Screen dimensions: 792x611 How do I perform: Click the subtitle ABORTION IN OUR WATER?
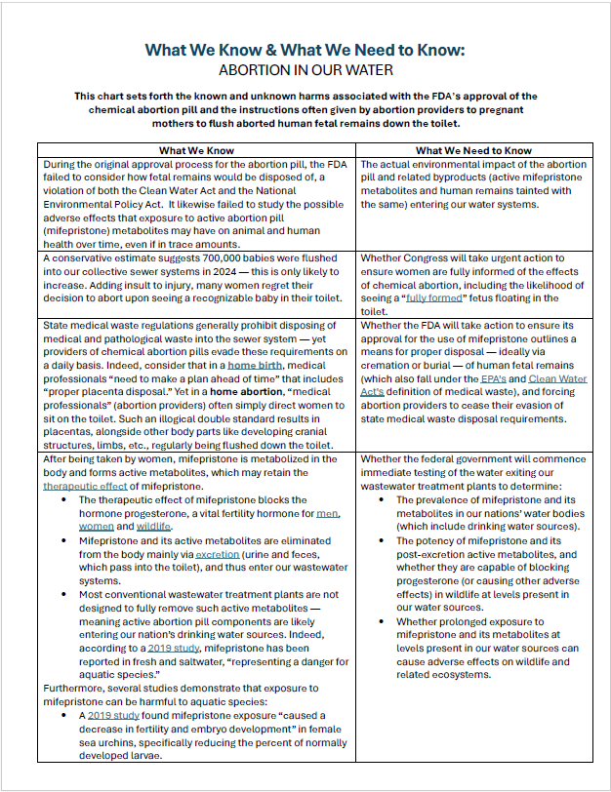(x=305, y=70)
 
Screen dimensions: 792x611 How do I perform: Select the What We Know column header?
(x=196, y=150)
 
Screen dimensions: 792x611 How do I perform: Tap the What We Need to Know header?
(x=473, y=150)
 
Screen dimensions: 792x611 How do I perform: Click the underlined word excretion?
(x=217, y=553)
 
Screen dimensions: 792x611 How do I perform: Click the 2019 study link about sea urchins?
(x=108, y=715)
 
